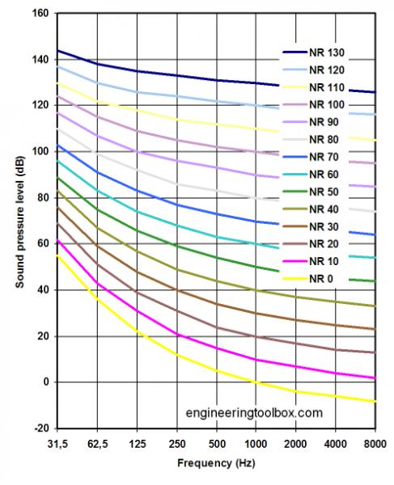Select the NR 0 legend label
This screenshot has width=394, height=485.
pos(318,279)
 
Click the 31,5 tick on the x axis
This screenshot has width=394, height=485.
pos(57,445)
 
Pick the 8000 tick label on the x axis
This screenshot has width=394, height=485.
pos(375,445)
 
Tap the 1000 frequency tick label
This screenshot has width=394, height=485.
pos(256,445)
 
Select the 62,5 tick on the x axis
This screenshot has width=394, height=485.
pos(97,445)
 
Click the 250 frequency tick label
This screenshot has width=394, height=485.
pos(176,445)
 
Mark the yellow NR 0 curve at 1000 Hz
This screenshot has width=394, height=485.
pos(256,382)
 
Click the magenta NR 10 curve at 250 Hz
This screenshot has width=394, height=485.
pos(176,334)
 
